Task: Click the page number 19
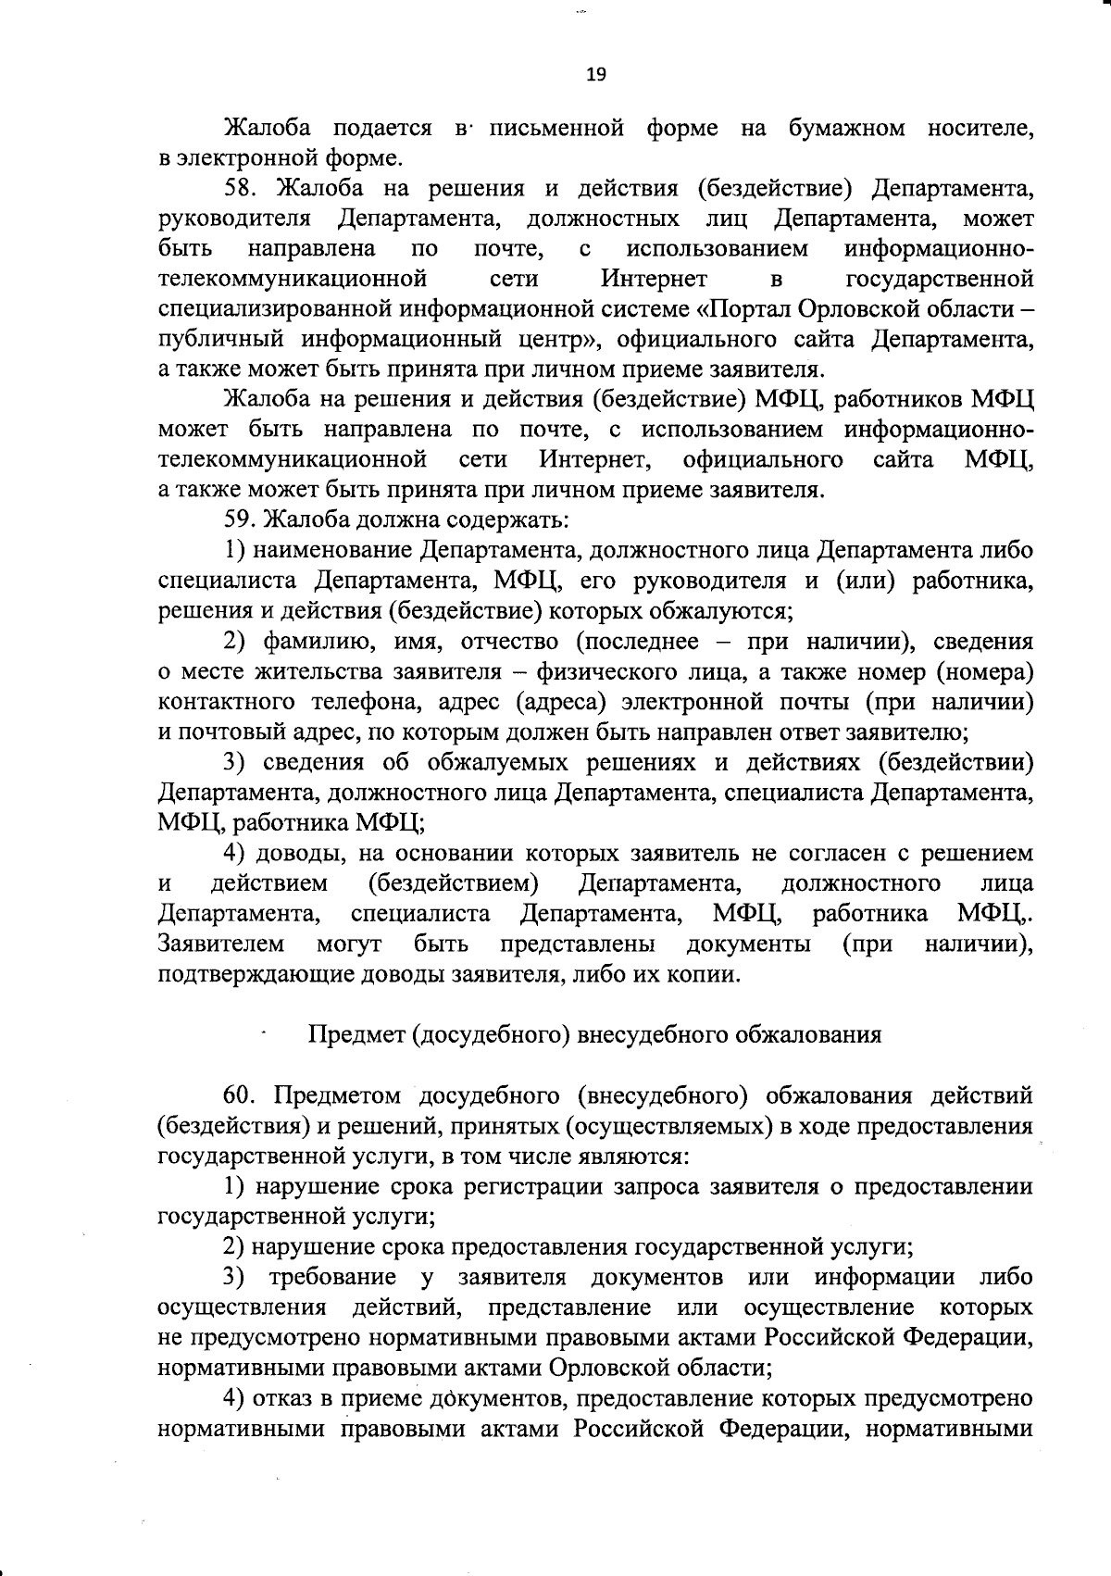595,75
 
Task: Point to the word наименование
332,550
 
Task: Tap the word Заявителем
221,944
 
